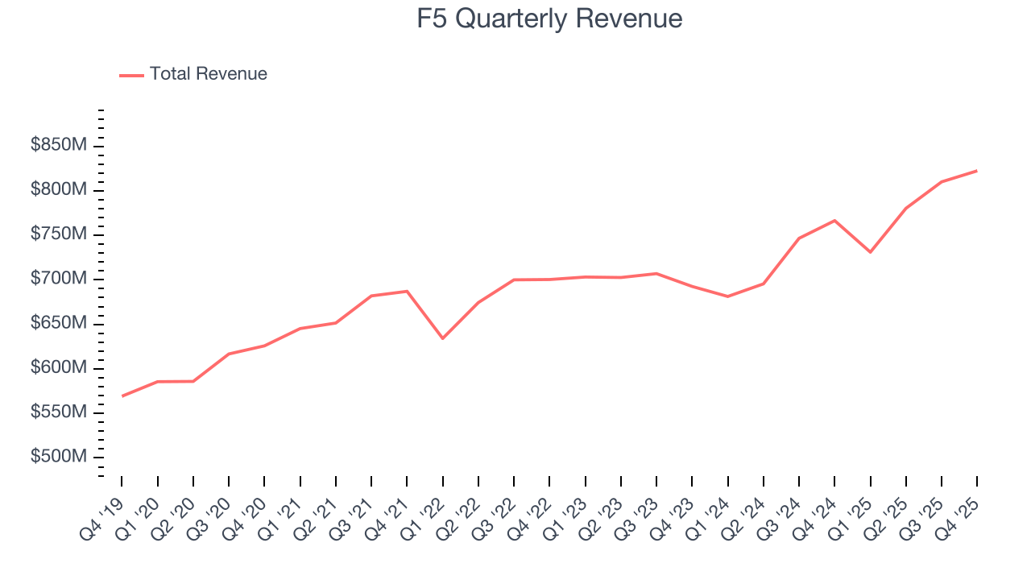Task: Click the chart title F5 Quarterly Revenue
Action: (549, 19)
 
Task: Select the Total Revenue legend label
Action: (208, 74)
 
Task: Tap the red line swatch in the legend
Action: (131, 75)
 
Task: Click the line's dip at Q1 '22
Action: (442, 338)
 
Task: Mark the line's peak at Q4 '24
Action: (834, 220)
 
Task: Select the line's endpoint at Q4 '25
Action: (977, 171)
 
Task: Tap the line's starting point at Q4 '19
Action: (122, 396)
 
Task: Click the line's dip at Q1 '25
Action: (870, 252)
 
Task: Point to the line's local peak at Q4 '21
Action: (407, 291)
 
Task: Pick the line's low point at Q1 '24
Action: (727, 296)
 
